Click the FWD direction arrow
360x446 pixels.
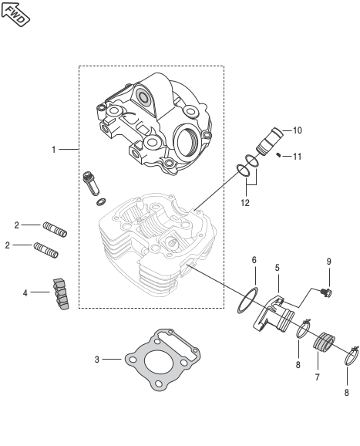tap(15, 14)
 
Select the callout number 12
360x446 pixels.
tap(244, 203)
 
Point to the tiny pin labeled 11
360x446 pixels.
tap(279, 155)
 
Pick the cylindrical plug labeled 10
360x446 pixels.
tap(269, 141)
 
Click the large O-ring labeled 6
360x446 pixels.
tap(248, 301)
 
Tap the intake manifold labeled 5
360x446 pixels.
tap(274, 314)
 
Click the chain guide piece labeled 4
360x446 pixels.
tap(61, 294)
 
